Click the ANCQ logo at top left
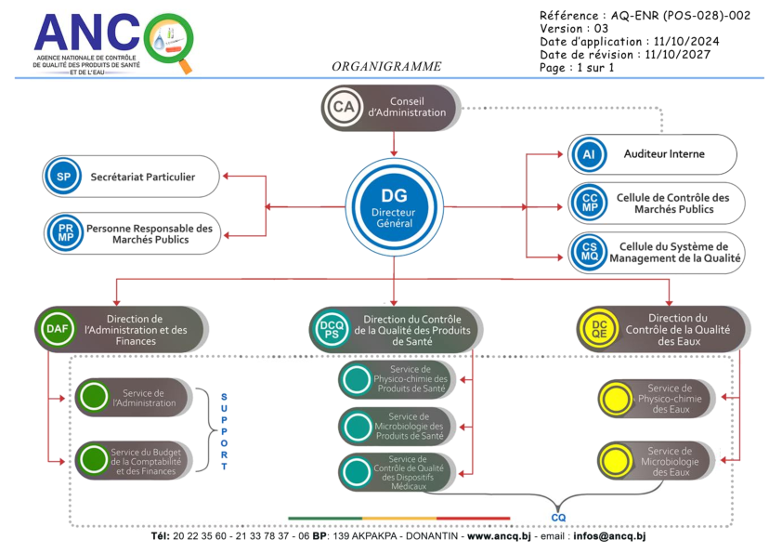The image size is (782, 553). tap(111, 42)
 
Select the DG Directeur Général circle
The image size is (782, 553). tap(394, 205)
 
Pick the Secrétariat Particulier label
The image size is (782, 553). tap(142, 177)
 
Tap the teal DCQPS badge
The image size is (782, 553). tap(331, 329)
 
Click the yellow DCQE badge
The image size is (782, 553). tap(596, 329)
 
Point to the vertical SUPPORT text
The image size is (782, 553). tap(224, 431)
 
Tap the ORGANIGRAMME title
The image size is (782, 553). tap(386, 67)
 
